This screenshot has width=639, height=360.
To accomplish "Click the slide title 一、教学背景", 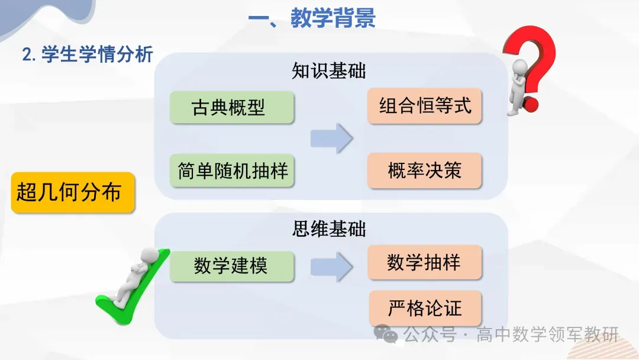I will pos(312,19).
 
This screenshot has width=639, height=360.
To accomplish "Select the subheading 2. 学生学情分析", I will pos(88,54).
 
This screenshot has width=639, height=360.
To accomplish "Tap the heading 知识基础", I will pos(329,71).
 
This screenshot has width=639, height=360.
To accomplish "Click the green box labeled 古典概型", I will pos(231,107).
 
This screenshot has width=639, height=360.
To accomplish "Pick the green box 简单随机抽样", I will pos(232,171).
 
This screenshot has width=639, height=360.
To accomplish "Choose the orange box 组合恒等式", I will pos(424,107).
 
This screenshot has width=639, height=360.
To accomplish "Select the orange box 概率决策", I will pos(424,171).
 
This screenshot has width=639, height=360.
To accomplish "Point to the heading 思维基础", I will pos(329,229).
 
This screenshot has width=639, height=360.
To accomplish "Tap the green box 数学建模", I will pos(231,266).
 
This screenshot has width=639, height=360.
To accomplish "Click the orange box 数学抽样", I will pos(424,262).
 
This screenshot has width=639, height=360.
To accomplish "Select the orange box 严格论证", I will pos(424,308).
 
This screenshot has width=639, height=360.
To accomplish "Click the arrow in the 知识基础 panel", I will pos(331,139).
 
